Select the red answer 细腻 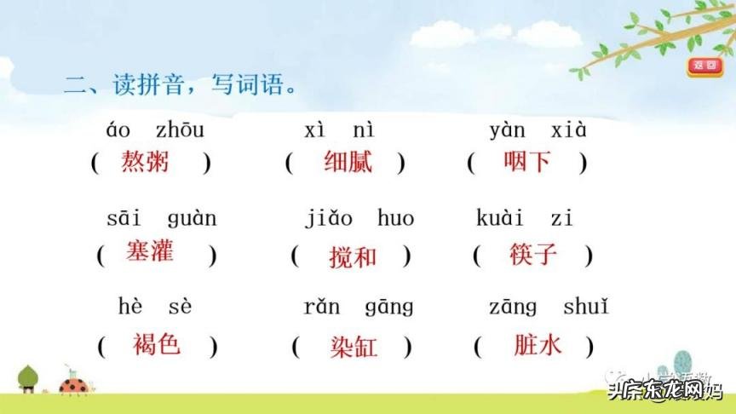point(348,161)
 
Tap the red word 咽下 point(527,161)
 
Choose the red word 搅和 point(352,256)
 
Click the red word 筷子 point(533,253)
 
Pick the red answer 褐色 point(157,344)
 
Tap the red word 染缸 point(353,346)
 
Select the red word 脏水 point(538,344)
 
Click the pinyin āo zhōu point(155,130)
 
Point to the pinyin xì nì point(339,130)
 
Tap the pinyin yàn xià point(538,130)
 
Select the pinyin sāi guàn point(161,219)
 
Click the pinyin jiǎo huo point(359,219)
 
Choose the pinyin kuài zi point(525,219)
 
